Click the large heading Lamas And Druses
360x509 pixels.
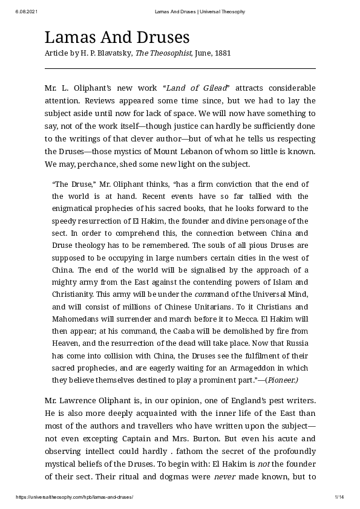tap(117, 37)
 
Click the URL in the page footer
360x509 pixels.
tap(74, 497)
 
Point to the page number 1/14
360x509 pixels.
tap(339, 497)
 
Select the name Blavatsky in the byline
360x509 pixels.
tap(114, 53)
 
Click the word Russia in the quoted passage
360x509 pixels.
tap(295, 343)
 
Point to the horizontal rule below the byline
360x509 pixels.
tap(180, 68)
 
